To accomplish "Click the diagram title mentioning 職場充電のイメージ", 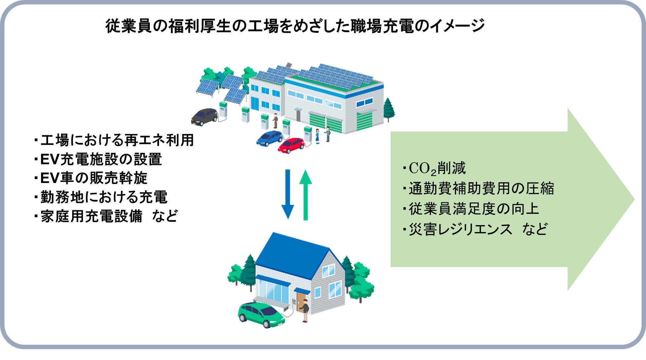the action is point(295,26).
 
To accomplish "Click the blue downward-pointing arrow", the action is point(288,194).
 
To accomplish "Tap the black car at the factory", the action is point(204,117).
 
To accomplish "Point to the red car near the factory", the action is point(291,145).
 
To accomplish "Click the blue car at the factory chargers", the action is point(270,138).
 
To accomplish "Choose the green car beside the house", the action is point(261,314).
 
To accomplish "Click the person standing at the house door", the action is point(305,310).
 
